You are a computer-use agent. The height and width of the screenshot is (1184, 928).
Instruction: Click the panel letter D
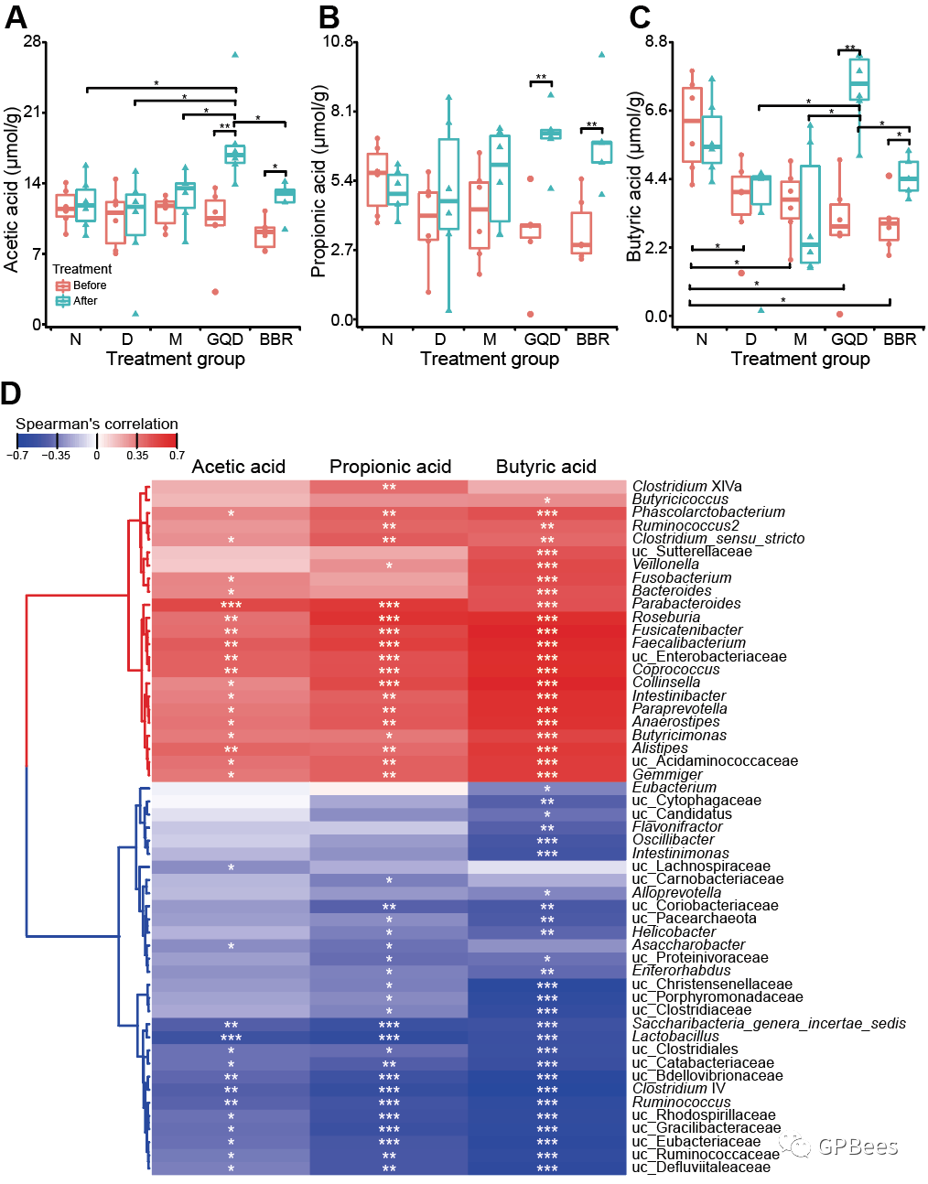pos(11,393)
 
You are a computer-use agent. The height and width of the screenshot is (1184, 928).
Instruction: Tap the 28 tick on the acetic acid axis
pos(33,41)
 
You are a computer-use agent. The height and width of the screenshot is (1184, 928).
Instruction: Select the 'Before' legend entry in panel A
pos(90,285)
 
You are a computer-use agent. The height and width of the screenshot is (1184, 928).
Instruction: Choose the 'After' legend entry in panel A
pos(85,301)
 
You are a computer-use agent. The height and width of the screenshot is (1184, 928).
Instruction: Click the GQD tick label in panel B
pos(542,339)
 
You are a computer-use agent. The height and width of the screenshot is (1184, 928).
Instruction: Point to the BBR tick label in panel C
pos(900,339)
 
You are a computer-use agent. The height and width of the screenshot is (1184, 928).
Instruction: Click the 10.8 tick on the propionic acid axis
pos(339,41)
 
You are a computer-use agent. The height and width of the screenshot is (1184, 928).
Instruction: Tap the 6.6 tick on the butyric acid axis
pos(656,110)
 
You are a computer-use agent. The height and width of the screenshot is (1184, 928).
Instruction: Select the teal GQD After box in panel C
pos(858,80)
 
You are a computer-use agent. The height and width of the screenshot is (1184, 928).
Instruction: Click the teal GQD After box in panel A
pos(235,154)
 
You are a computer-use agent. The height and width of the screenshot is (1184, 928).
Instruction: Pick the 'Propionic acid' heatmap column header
pos(390,467)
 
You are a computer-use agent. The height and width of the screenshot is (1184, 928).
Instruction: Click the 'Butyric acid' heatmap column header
pos(545,467)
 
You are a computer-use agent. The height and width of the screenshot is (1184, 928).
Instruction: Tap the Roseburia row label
pos(665,618)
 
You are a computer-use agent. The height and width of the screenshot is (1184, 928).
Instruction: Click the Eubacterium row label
pos(674,787)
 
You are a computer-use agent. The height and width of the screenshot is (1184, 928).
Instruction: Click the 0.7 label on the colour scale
pos(177,455)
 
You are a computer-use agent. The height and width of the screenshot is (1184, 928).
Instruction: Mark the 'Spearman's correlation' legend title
pos(97,424)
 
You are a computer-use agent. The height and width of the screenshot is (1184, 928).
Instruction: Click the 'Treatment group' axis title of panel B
pos(489,359)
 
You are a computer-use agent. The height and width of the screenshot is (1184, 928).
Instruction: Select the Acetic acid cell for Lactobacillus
pos(231,1038)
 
